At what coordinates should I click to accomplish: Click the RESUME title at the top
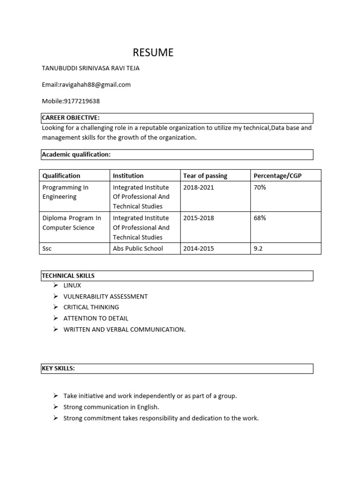pos(153,52)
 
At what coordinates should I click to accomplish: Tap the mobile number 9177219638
pos(71,101)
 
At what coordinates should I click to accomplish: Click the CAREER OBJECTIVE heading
pos(71,117)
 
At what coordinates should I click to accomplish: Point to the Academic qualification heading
pos(76,154)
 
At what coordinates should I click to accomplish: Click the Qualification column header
pos(61,176)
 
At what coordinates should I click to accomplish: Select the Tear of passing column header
pos(205,176)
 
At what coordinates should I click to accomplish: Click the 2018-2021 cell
pos(197,187)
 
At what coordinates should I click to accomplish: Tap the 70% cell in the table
pos(260,187)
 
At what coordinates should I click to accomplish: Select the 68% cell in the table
pos(260,218)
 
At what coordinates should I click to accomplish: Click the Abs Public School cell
pos(138,248)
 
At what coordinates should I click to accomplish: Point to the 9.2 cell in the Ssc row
pos(258,248)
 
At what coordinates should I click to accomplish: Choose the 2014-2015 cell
pos(199,248)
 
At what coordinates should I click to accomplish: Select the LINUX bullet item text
pos(72,285)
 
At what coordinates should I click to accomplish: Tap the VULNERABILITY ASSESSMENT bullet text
pos(105,296)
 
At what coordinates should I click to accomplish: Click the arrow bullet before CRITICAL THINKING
pos(55,307)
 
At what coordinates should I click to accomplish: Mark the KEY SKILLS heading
pos(58,368)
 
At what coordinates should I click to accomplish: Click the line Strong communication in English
pos(111,407)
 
